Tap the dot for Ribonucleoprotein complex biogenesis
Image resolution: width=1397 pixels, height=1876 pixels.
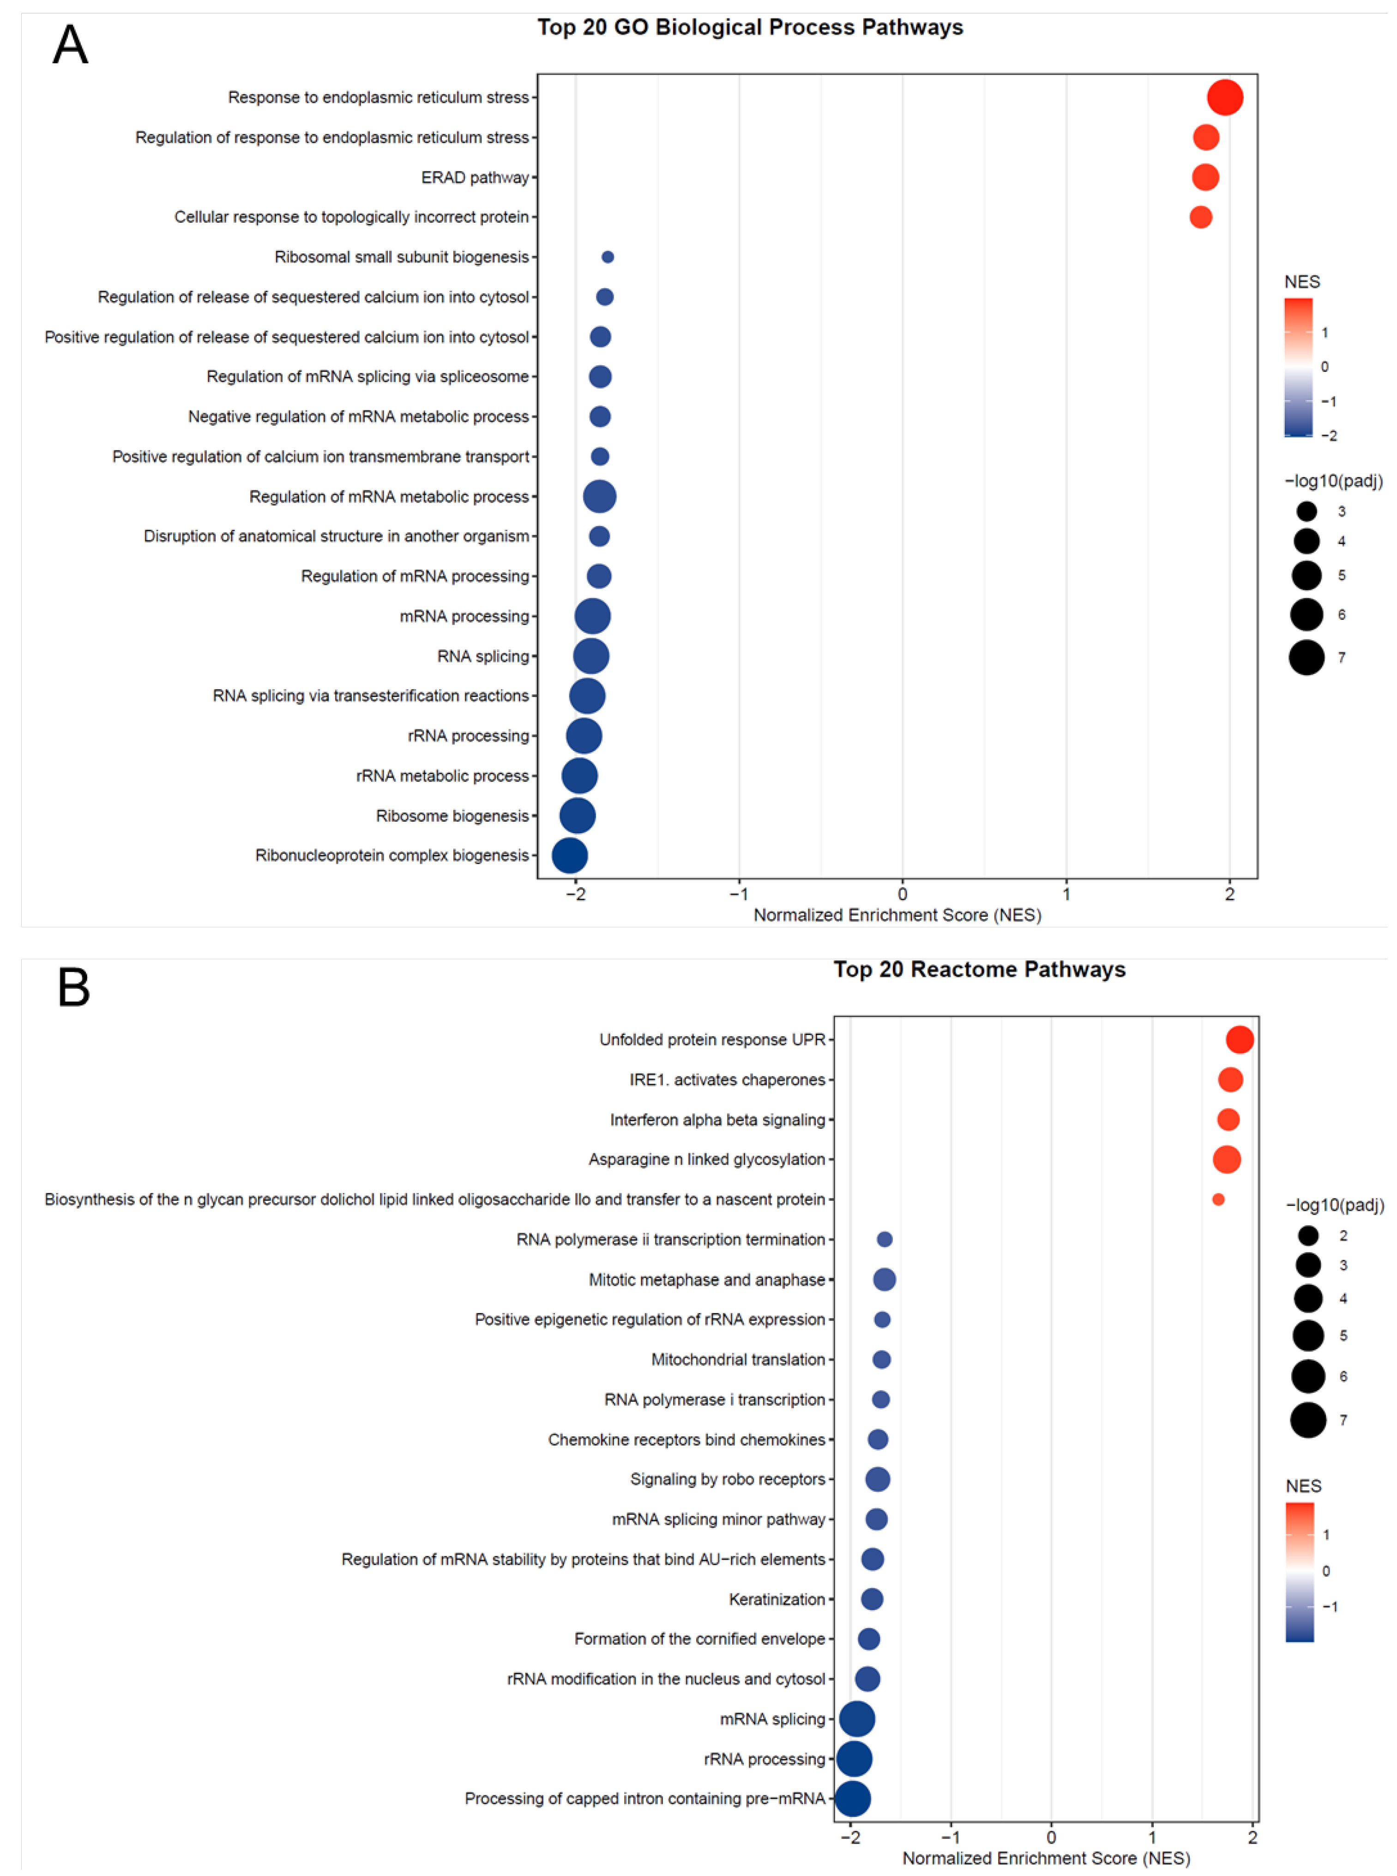[x=570, y=855]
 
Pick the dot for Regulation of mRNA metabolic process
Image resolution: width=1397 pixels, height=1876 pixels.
[x=600, y=496]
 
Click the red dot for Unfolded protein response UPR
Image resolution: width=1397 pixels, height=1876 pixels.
[x=1240, y=1040]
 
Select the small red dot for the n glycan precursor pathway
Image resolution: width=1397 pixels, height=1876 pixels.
[x=1218, y=1199]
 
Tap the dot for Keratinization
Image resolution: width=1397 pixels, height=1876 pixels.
[x=872, y=1598]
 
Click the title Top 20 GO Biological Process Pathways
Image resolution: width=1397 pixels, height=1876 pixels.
[x=750, y=28]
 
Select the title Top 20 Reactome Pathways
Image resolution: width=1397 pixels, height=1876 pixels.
[x=979, y=969]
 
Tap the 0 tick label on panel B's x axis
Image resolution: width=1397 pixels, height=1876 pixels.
[x=1051, y=1837]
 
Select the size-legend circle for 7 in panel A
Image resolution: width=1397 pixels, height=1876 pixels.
[x=1307, y=657]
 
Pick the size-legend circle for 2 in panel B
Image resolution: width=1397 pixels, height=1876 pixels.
[x=1308, y=1236]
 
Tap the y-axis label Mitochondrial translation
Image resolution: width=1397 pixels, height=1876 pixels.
[x=737, y=1359]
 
